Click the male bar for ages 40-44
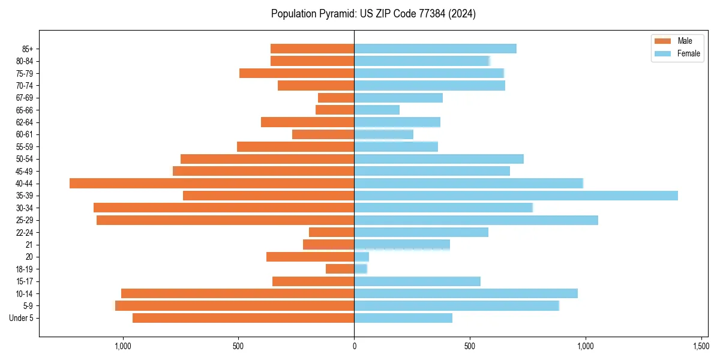[x=212, y=183]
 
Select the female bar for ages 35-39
[x=516, y=196]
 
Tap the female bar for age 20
[x=361, y=257]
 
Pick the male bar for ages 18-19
[x=340, y=269]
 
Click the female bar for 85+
[x=435, y=49]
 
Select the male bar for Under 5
[x=243, y=318]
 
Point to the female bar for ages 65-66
[x=377, y=110]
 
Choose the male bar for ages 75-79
[x=296, y=73]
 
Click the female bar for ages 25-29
[x=476, y=220]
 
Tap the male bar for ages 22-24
[x=331, y=232]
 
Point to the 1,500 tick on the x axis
[x=701, y=346]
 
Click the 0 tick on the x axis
[x=354, y=346]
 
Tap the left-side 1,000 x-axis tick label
[x=122, y=346]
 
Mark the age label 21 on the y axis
[x=29, y=245]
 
